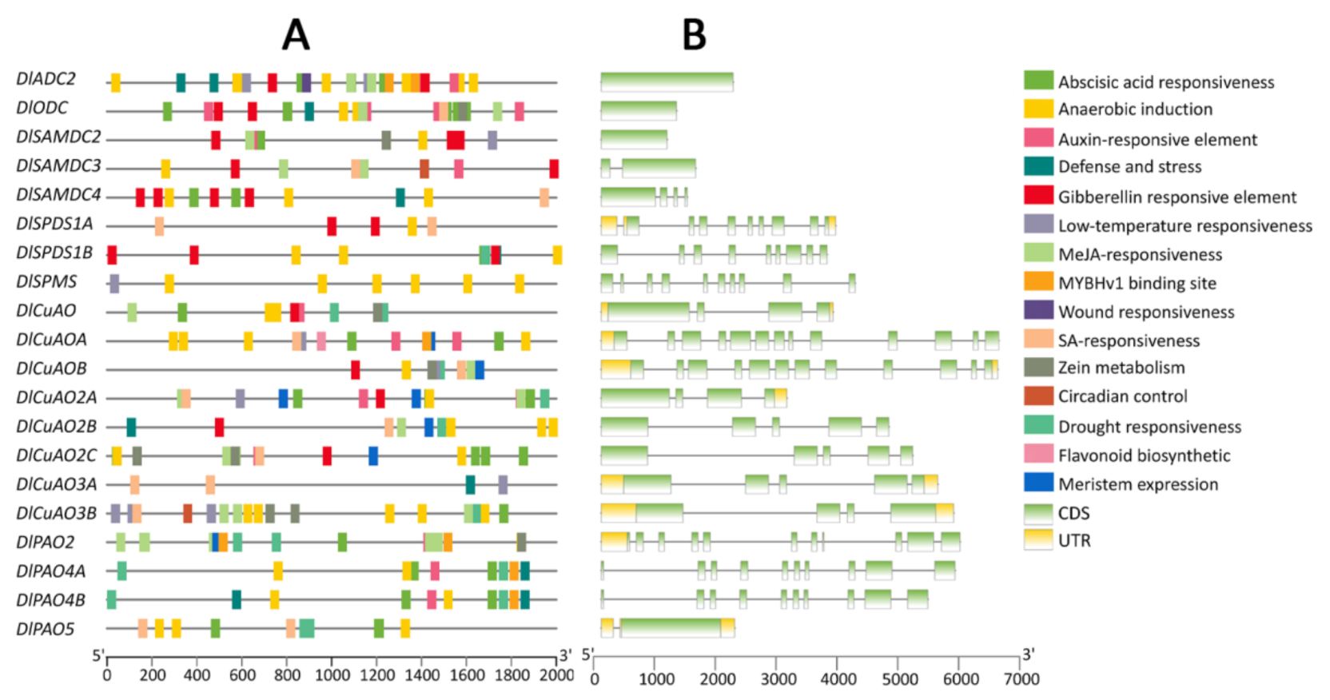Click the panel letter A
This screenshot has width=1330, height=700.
[x=296, y=35]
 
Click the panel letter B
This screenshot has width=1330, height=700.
[x=694, y=35]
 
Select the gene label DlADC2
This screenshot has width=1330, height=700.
[x=46, y=79]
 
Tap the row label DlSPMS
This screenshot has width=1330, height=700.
[x=46, y=282]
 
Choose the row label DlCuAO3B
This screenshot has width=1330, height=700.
[x=56, y=513]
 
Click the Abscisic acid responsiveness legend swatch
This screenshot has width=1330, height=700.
[x=1038, y=81]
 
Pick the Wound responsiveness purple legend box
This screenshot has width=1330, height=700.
[x=1038, y=310]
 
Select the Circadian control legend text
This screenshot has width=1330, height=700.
[x=1122, y=396]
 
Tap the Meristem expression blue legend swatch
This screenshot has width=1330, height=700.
[x=1038, y=483]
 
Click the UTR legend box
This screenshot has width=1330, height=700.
[x=1038, y=539]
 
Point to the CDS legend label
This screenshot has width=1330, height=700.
[x=1073, y=513]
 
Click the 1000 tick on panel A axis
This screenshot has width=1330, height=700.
[x=332, y=675]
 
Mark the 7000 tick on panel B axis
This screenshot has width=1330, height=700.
[x=1021, y=679]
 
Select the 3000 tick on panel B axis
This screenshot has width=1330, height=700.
[x=778, y=679]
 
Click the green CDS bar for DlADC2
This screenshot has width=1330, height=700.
[x=667, y=82]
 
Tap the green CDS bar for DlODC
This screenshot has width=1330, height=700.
[x=638, y=110]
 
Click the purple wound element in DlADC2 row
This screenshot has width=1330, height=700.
[x=306, y=82]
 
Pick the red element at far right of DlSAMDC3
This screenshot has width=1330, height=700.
[x=554, y=169]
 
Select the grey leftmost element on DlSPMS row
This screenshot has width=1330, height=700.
[x=114, y=283]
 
